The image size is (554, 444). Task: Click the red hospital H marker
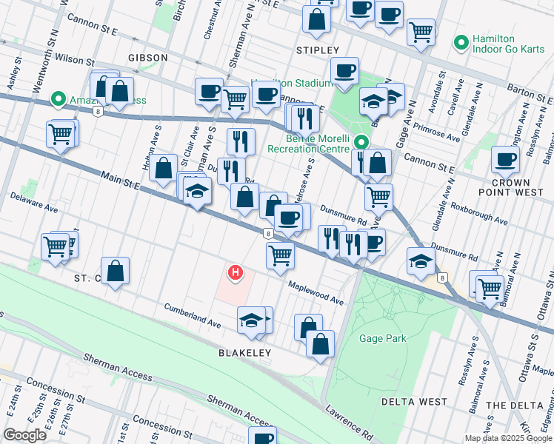click(236, 273)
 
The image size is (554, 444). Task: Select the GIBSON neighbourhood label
click(147, 57)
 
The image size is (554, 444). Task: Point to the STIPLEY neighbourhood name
click(317, 50)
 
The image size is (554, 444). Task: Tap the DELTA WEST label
click(414, 402)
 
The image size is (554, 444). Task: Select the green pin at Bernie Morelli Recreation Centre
click(361, 142)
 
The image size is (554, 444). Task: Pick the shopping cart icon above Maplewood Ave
click(280, 255)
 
